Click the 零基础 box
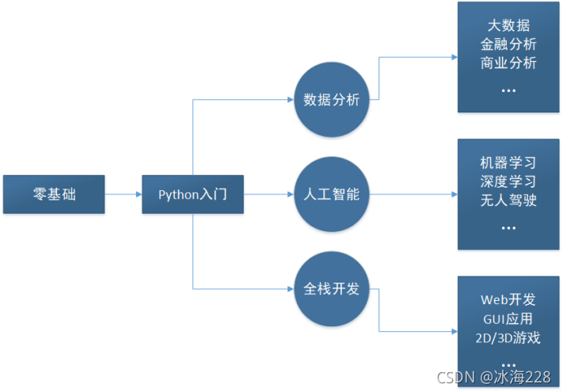(x=55, y=194)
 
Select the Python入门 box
(x=192, y=194)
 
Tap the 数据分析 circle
(x=332, y=100)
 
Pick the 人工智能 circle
(x=332, y=194)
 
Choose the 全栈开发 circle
(x=332, y=288)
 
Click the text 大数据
(x=508, y=26)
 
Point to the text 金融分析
(x=508, y=44)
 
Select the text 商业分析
(x=508, y=63)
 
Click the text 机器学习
(x=508, y=163)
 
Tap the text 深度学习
(x=508, y=181)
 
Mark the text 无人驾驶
(x=508, y=200)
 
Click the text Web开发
(x=508, y=300)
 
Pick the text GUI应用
(x=508, y=319)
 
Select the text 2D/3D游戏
(x=508, y=338)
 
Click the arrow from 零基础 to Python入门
(x=124, y=194)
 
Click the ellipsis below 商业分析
(x=508, y=88)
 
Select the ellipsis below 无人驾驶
(x=508, y=225)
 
